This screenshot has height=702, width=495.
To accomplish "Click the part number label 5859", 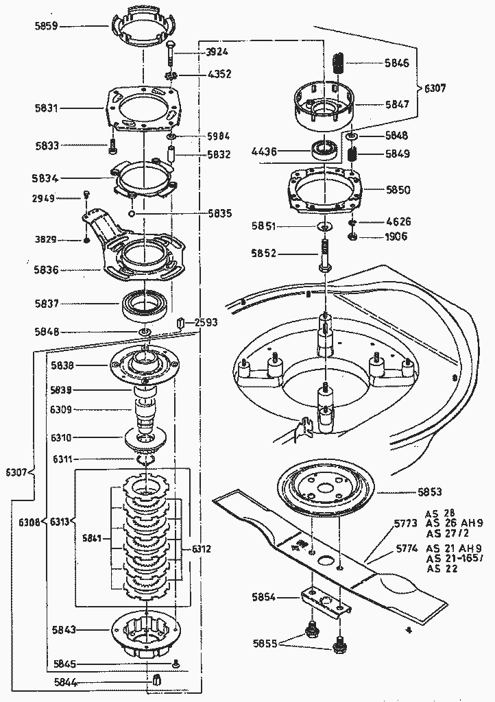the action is (x=46, y=26).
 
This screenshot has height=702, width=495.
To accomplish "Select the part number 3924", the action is (x=217, y=52).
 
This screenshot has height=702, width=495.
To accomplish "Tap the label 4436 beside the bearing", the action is (x=265, y=152).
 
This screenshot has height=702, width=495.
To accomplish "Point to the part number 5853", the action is (x=430, y=492).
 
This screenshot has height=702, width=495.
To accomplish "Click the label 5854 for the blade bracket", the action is (x=264, y=597).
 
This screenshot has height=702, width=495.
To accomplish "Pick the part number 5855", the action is (x=265, y=643).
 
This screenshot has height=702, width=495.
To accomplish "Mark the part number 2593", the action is (x=206, y=322).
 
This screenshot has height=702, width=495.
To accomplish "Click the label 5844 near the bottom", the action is (x=66, y=682).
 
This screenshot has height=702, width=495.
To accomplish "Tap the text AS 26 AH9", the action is (x=455, y=523).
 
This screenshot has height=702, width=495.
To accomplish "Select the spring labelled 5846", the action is (x=339, y=62).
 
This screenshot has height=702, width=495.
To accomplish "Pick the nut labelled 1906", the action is (x=352, y=237).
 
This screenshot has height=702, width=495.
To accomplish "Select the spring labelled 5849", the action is (x=352, y=154).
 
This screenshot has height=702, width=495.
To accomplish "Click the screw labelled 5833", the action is (x=112, y=146).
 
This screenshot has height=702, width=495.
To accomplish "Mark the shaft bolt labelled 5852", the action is (x=326, y=255).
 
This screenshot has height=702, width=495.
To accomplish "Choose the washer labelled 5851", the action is (x=324, y=226).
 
